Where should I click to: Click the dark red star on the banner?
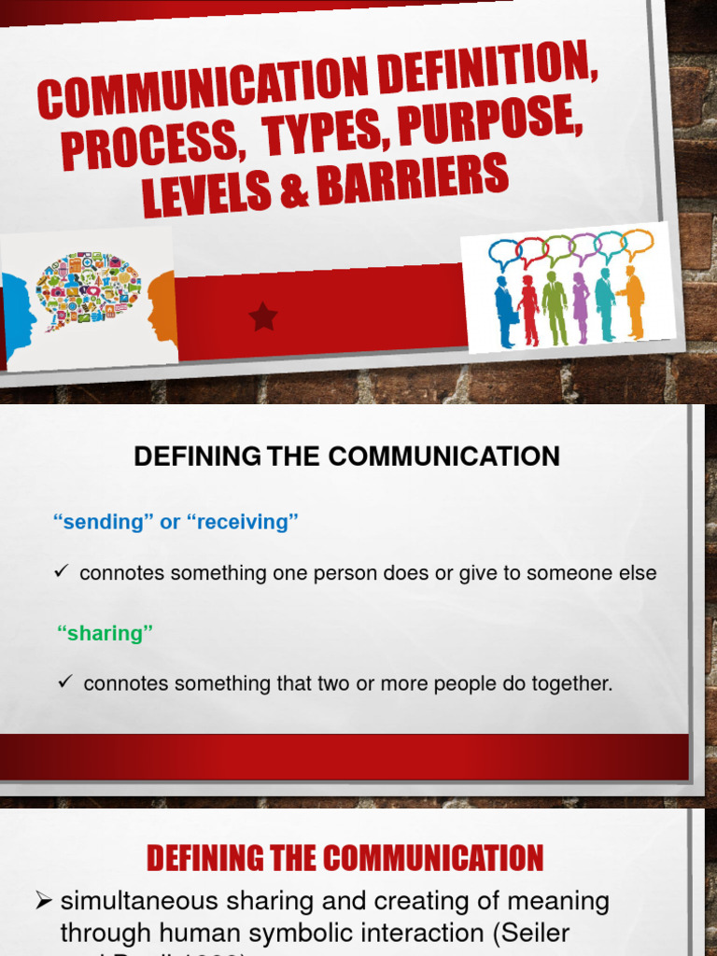tap(263, 317)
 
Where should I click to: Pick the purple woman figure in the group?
tap(581, 307)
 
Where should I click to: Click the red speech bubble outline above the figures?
tap(533, 250)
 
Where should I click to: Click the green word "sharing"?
tap(105, 633)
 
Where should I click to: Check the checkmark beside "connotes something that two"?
tap(65, 682)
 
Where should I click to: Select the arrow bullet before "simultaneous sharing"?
tap(43, 901)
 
